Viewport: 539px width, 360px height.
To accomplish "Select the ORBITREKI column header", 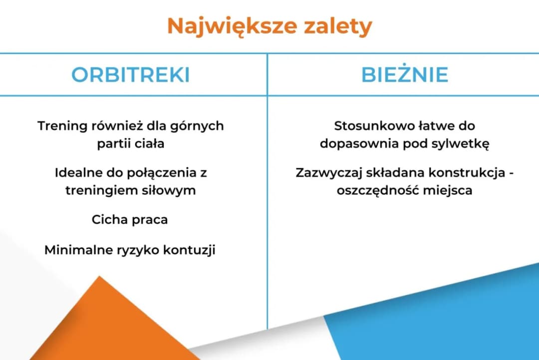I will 130,75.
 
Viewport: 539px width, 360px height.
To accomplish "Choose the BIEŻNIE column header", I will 404,75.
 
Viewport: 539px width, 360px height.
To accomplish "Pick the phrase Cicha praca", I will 130,220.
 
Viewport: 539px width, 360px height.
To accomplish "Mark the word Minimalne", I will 77,250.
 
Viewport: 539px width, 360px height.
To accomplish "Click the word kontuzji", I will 189,250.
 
